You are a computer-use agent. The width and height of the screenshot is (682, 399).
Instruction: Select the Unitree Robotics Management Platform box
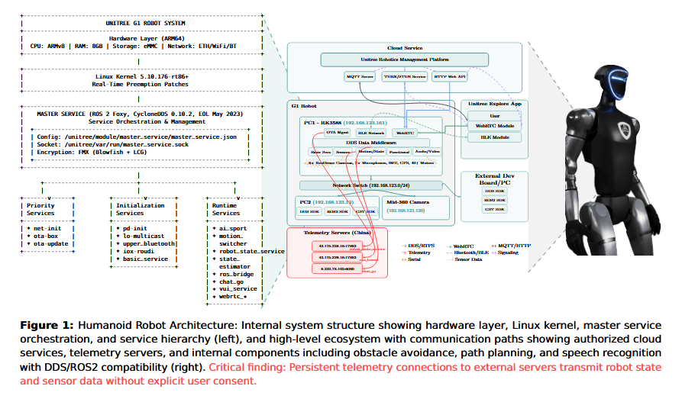point(404,59)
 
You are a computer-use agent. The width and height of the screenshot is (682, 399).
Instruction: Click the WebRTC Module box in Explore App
point(494,125)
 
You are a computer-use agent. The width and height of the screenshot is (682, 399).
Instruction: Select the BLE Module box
point(494,137)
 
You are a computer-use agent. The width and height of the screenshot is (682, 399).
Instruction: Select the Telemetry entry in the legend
point(420,253)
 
